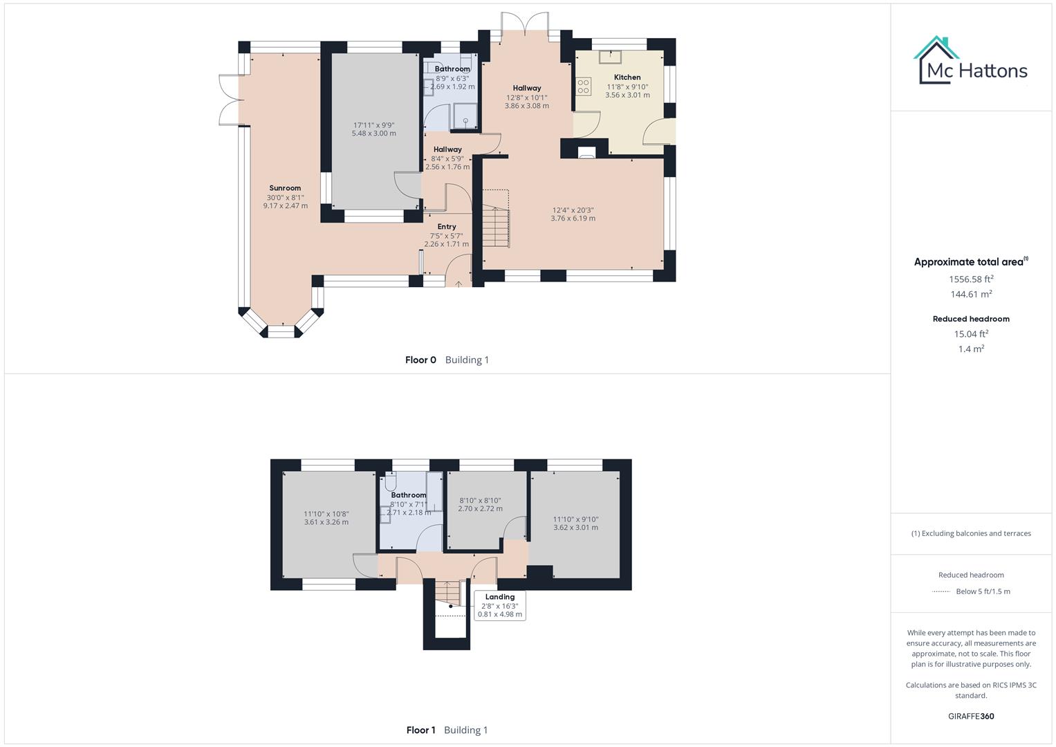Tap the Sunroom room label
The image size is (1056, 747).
[285, 188]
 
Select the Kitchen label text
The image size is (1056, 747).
[627, 77]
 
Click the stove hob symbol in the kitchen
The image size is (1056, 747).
[584, 86]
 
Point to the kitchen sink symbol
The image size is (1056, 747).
[610, 57]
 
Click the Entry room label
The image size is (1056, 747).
[447, 227]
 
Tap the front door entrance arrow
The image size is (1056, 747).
[458, 283]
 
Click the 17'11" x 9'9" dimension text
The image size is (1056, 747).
[373, 125]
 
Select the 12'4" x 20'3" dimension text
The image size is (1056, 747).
[573, 210]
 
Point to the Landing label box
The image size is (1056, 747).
[500, 606]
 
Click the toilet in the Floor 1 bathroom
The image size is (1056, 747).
[390, 482]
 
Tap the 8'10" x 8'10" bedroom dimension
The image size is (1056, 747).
[480, 501]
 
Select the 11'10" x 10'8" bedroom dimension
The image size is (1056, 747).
[326, 514]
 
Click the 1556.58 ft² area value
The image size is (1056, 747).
[971, 279]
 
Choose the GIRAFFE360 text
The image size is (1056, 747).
[971, 717]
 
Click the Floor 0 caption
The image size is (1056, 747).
[421, 360]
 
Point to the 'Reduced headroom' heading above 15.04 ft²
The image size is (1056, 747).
[971, 319]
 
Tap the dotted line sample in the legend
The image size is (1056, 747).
[941, 591]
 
